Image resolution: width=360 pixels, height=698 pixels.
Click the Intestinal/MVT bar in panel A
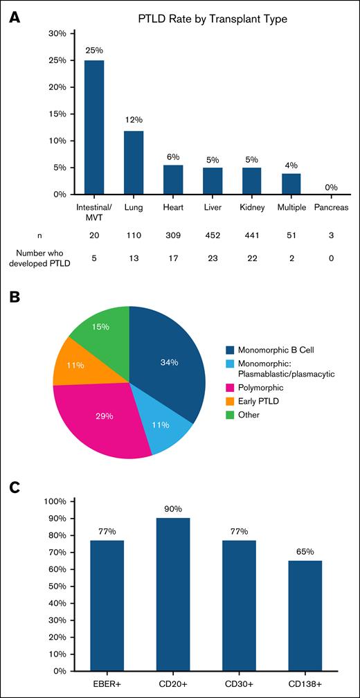[94, 127]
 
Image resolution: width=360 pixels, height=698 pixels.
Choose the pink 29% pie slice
[103, 419]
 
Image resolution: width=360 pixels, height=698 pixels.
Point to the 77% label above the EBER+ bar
[107, 532]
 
